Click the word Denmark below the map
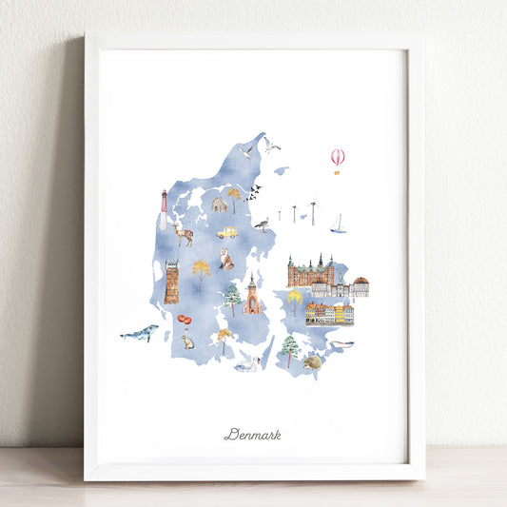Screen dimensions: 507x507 [252, 435]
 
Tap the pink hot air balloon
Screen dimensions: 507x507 [338, 159]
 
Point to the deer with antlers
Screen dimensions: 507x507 [183, 234]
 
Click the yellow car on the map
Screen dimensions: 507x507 [226, 232]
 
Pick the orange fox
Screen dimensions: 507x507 [225, 259]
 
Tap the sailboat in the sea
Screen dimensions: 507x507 [338, 224]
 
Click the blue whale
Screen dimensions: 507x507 [140, 333]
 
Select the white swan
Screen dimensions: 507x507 [246, 364]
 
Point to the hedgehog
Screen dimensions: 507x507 [312, 361]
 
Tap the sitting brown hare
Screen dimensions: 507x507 [188, 340]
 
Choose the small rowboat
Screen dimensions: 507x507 [341, 343]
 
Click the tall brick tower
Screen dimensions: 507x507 [171, 283]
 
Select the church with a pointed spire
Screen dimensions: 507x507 [252, 297]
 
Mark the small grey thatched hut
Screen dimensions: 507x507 [219, 205]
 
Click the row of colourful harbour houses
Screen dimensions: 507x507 [330, 313]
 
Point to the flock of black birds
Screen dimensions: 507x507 [253, 193]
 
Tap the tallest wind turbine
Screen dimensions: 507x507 [312, 212]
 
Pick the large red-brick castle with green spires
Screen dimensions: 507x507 [310, 271]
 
